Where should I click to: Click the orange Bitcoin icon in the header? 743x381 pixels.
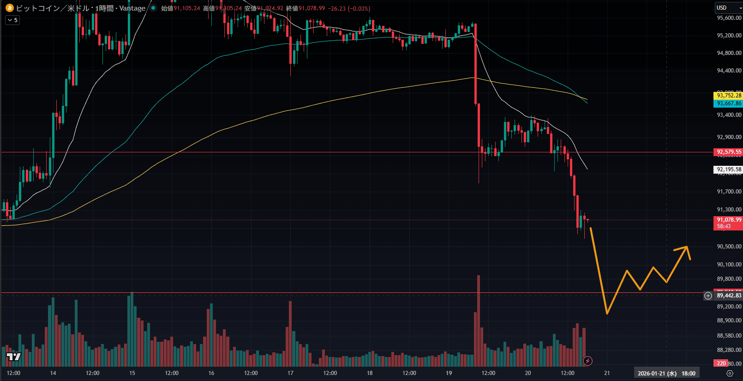[9, 8]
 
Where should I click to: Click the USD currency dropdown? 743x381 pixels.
[729, 8]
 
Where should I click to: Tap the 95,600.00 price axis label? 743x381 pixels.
[729, 18]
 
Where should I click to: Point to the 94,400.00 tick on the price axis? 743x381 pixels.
[729, 71]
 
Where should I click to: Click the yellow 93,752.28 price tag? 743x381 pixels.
[729, 96]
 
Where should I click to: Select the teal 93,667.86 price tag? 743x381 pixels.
[729, 103]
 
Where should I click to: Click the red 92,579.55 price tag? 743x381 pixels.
[729, 152]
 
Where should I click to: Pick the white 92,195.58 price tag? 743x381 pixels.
[729, 169]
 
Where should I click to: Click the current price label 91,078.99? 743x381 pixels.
[729, 220]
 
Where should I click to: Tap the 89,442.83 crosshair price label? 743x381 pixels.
[729, 296]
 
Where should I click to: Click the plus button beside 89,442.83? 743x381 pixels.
[708, 296]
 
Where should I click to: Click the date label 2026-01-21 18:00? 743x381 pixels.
[666, 373]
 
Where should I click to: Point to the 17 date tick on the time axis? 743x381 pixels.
[290, 373]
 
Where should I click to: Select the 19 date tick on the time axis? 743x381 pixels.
[449, 373]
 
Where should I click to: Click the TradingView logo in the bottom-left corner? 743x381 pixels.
[14, 357]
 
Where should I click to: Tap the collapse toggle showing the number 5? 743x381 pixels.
[12, 20]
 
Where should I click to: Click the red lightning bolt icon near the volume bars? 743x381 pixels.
[587, 361]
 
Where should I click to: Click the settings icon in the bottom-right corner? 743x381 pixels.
[730, 373]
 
